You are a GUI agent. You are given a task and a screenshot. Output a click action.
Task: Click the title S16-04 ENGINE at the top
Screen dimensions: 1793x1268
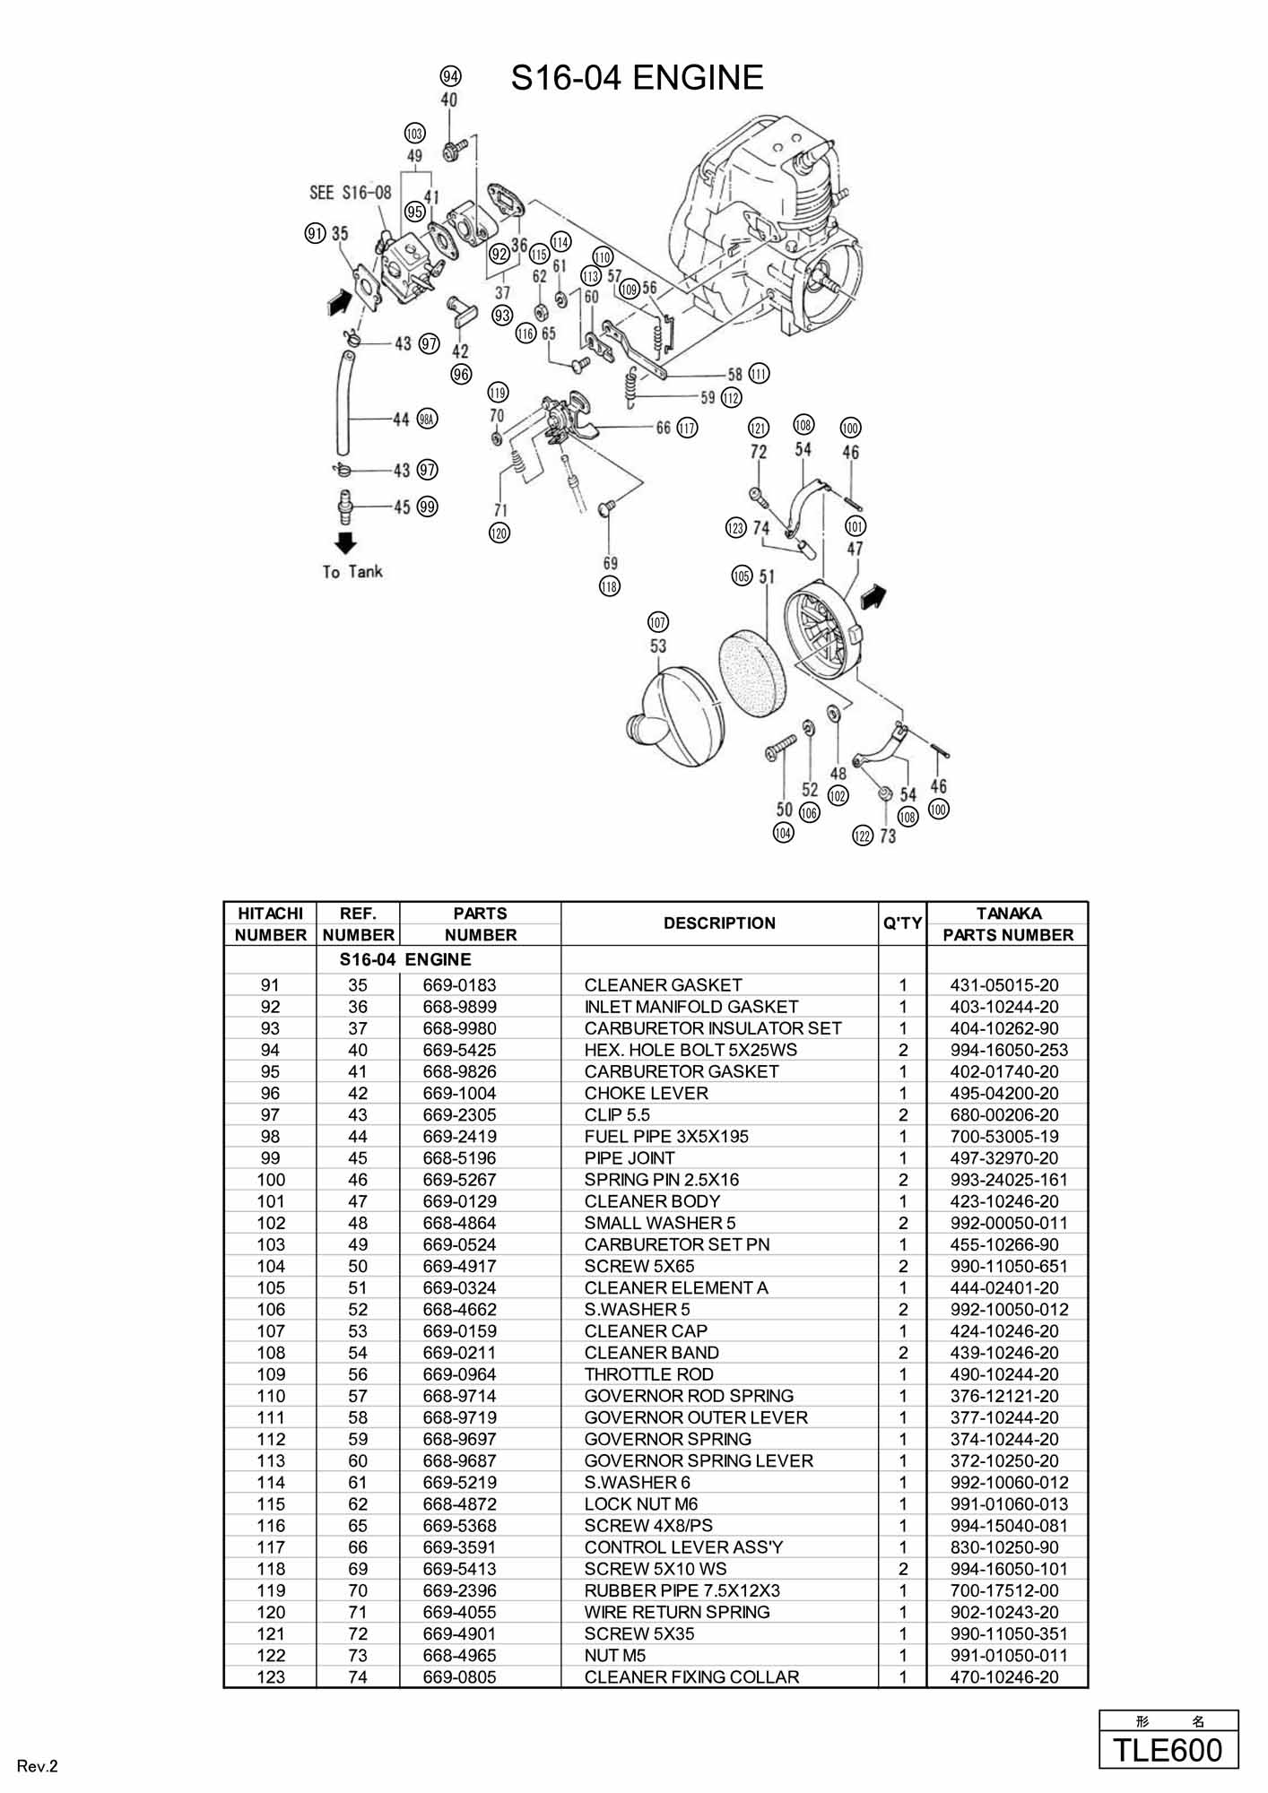[637, 79]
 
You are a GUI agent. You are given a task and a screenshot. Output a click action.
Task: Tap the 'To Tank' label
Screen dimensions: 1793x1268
[352, 572]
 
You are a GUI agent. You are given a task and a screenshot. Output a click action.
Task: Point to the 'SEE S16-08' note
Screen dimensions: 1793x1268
[350, 193]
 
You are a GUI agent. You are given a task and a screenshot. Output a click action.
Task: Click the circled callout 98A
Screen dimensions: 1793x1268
[427, 419]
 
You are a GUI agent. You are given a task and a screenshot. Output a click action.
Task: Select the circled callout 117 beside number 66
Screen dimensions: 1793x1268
[687, 428]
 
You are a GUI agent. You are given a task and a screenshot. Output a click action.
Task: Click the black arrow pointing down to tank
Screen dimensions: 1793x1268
[345, 543]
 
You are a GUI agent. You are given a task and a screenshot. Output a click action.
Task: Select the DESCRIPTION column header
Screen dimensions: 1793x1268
[719, 923]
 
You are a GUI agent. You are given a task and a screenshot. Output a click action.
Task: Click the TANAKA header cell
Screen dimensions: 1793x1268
[1008, 914]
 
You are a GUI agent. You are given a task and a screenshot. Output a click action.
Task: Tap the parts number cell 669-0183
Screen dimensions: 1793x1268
[459, 985]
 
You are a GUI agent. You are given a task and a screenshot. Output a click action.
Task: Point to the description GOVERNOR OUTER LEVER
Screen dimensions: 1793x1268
[696, 1417]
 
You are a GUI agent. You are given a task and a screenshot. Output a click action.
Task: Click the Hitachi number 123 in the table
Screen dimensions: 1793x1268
[271, 1676]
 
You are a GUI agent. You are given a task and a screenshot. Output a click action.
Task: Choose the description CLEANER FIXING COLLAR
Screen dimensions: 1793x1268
[691, 1676]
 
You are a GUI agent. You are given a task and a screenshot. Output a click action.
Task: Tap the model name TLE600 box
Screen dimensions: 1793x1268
[1168, 1750]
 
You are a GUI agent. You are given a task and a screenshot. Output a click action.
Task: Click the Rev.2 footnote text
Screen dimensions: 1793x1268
[38, 1767]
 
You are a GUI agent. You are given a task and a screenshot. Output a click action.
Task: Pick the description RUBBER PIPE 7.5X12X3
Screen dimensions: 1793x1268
[682, 1590]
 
